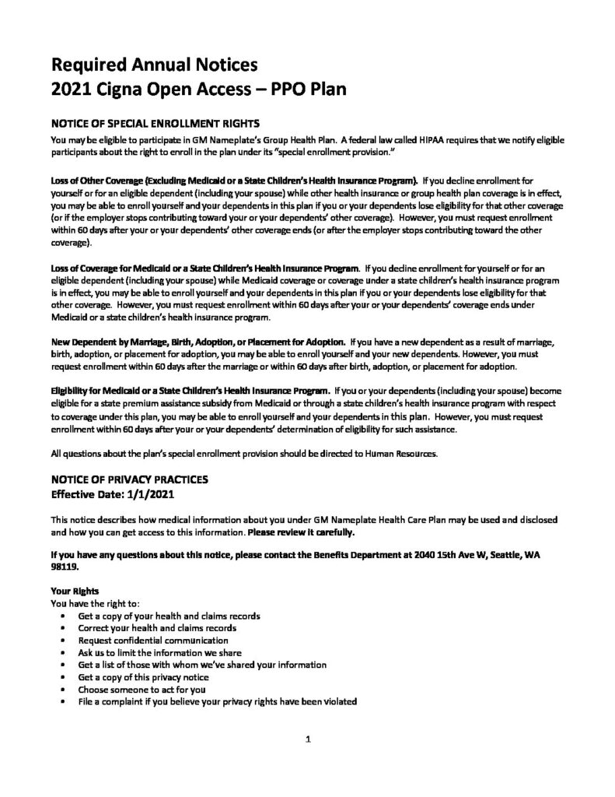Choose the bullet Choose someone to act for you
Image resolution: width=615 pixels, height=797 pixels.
tap(142, 689)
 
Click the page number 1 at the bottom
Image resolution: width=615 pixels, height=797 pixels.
tap(308, 740)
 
